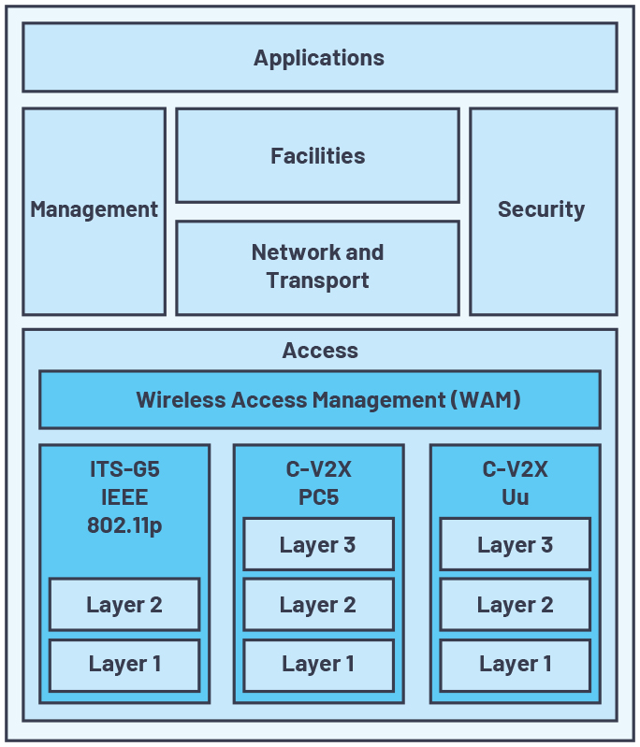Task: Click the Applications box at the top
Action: pyautogui.click(x=319, y=58)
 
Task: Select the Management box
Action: pyautogui.click(x=94, y=210)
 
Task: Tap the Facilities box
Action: pyautogui.click(x=317, y=156)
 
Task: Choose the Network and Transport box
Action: pyautogui.click(x=317, y=267)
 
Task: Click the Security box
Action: pyautogui.click(x=542, y=210)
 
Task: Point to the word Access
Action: pyautogui.click(x=320, y=351)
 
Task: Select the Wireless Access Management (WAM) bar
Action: pyautogui.click(x=319, y=400)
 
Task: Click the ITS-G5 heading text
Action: pyautogui.click(x=124, y=469)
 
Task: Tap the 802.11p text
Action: pyautogui.click(x=124, y=525)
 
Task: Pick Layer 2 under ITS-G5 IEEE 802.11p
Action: pyautogui.click(x=124, y=605)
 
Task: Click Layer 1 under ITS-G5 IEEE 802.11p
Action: pyautogui.click(x=124, y=665)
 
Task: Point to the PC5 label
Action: pyautogui.click(x=318, y=497)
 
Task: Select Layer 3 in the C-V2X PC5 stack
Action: pyautogui.click(x=318, y=545)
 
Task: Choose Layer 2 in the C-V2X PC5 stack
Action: pyautogui.click(x=318, y=605)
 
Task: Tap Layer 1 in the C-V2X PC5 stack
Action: pyautogui.click(x=318, y=665)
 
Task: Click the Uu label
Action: pyautogui.click(x=515, y=497)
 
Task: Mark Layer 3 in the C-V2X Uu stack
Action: pyautogui.click(x=515, y=545)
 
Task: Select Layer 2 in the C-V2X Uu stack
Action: pyautogui.click(x=515, y=605)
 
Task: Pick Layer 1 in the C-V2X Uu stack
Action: pyautogui.click(x=515, y=665)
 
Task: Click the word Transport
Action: pyautogui.click(x=317, y=280)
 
